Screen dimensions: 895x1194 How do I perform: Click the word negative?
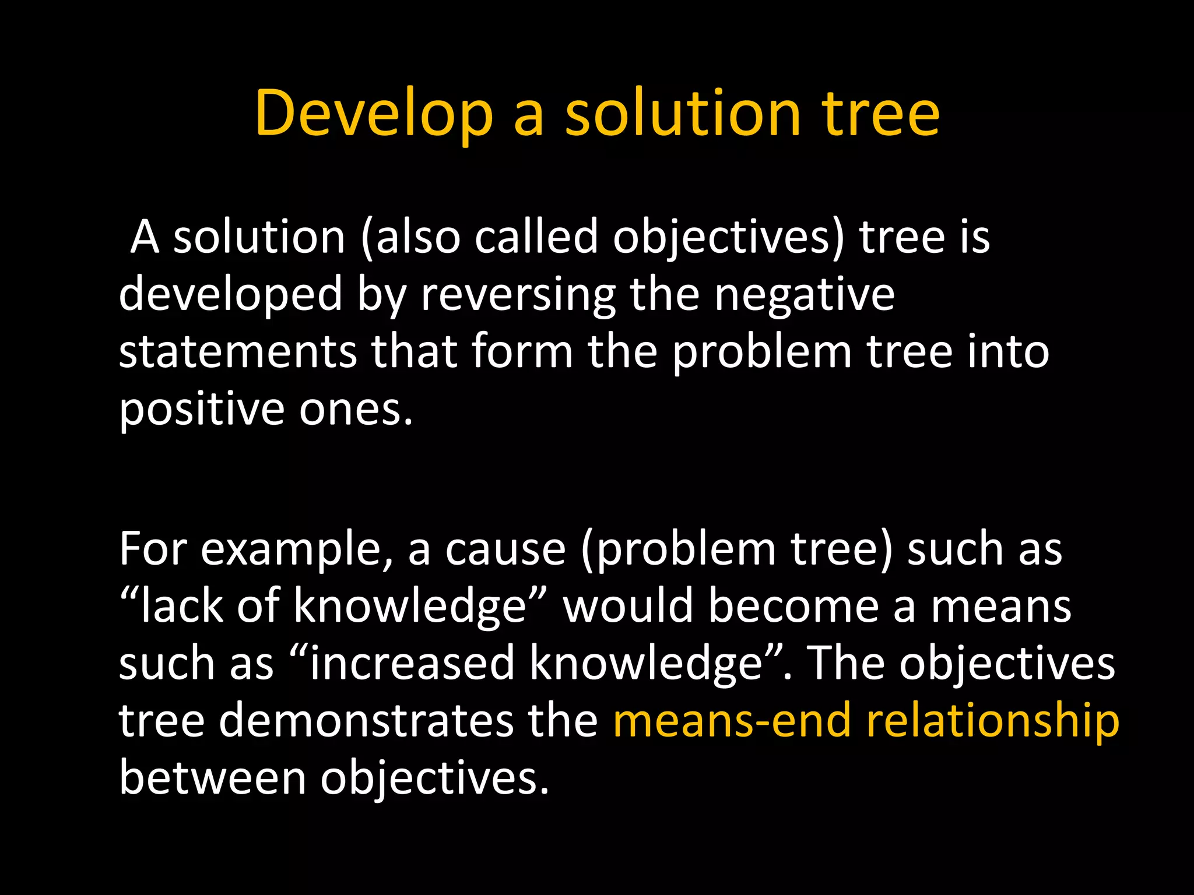[x=805, y=295]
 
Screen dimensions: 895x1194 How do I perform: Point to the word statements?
[x=237, y=352]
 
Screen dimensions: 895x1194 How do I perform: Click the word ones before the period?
[x=350, y=410]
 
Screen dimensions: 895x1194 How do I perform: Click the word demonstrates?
[x=367, y=721]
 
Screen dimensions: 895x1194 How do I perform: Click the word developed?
[x=230, y=295]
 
